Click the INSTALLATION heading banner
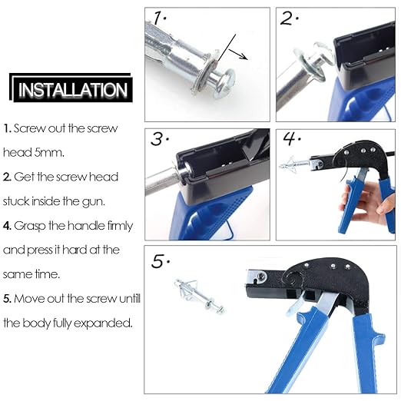click(x=73, y=89)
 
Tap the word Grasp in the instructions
click(x=31, y=226)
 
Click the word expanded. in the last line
click(x=108, y=323)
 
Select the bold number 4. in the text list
click(x=7, y=226)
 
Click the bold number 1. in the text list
click(x=7, y=128)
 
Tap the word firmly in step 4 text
click(x=116, y=226)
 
